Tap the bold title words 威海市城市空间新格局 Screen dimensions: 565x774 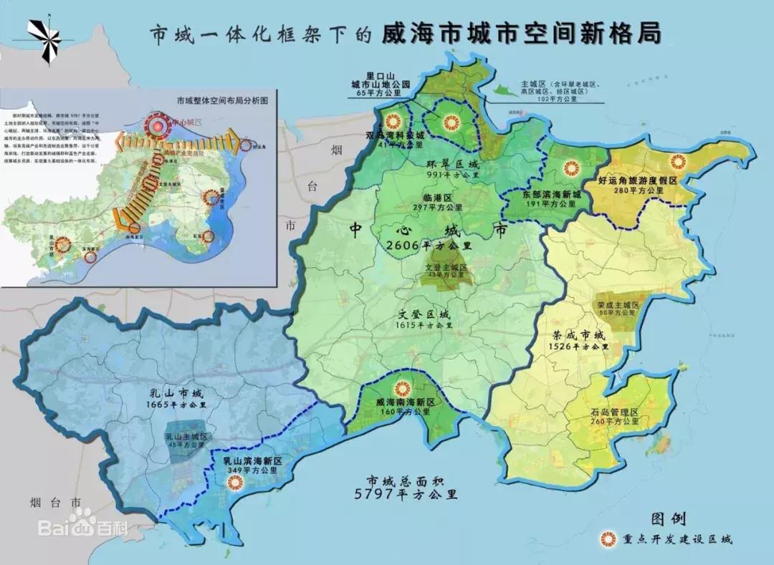(x=521, y=34)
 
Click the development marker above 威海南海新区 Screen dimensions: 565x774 (x=403, y=389)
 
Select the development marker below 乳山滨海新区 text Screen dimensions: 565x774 (x=231, y=483)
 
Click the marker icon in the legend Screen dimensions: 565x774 (x=611, y=539)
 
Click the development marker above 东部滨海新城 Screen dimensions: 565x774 (x=570, y=169)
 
